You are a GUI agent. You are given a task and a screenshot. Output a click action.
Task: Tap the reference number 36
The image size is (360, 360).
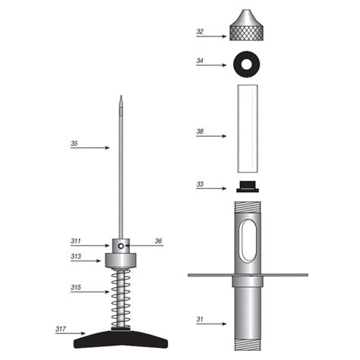pyautogui.click(x=159, y=242)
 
